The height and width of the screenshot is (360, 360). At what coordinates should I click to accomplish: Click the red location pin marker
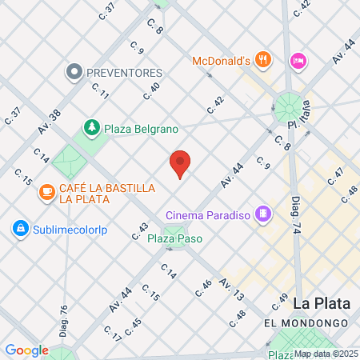(181, 163)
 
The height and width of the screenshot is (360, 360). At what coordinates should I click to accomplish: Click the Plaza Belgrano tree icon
(93, 128)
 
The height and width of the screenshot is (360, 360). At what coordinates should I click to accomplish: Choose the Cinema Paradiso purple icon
(262, 214)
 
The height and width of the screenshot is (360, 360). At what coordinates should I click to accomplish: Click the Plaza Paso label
(174, 238)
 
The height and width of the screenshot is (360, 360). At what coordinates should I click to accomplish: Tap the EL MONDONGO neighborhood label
(305, 322)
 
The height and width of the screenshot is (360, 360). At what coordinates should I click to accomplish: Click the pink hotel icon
(298, 61)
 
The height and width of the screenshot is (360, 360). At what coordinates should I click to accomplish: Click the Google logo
(26, 350)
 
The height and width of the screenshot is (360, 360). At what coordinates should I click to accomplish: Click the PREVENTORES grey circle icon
(74, 72)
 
